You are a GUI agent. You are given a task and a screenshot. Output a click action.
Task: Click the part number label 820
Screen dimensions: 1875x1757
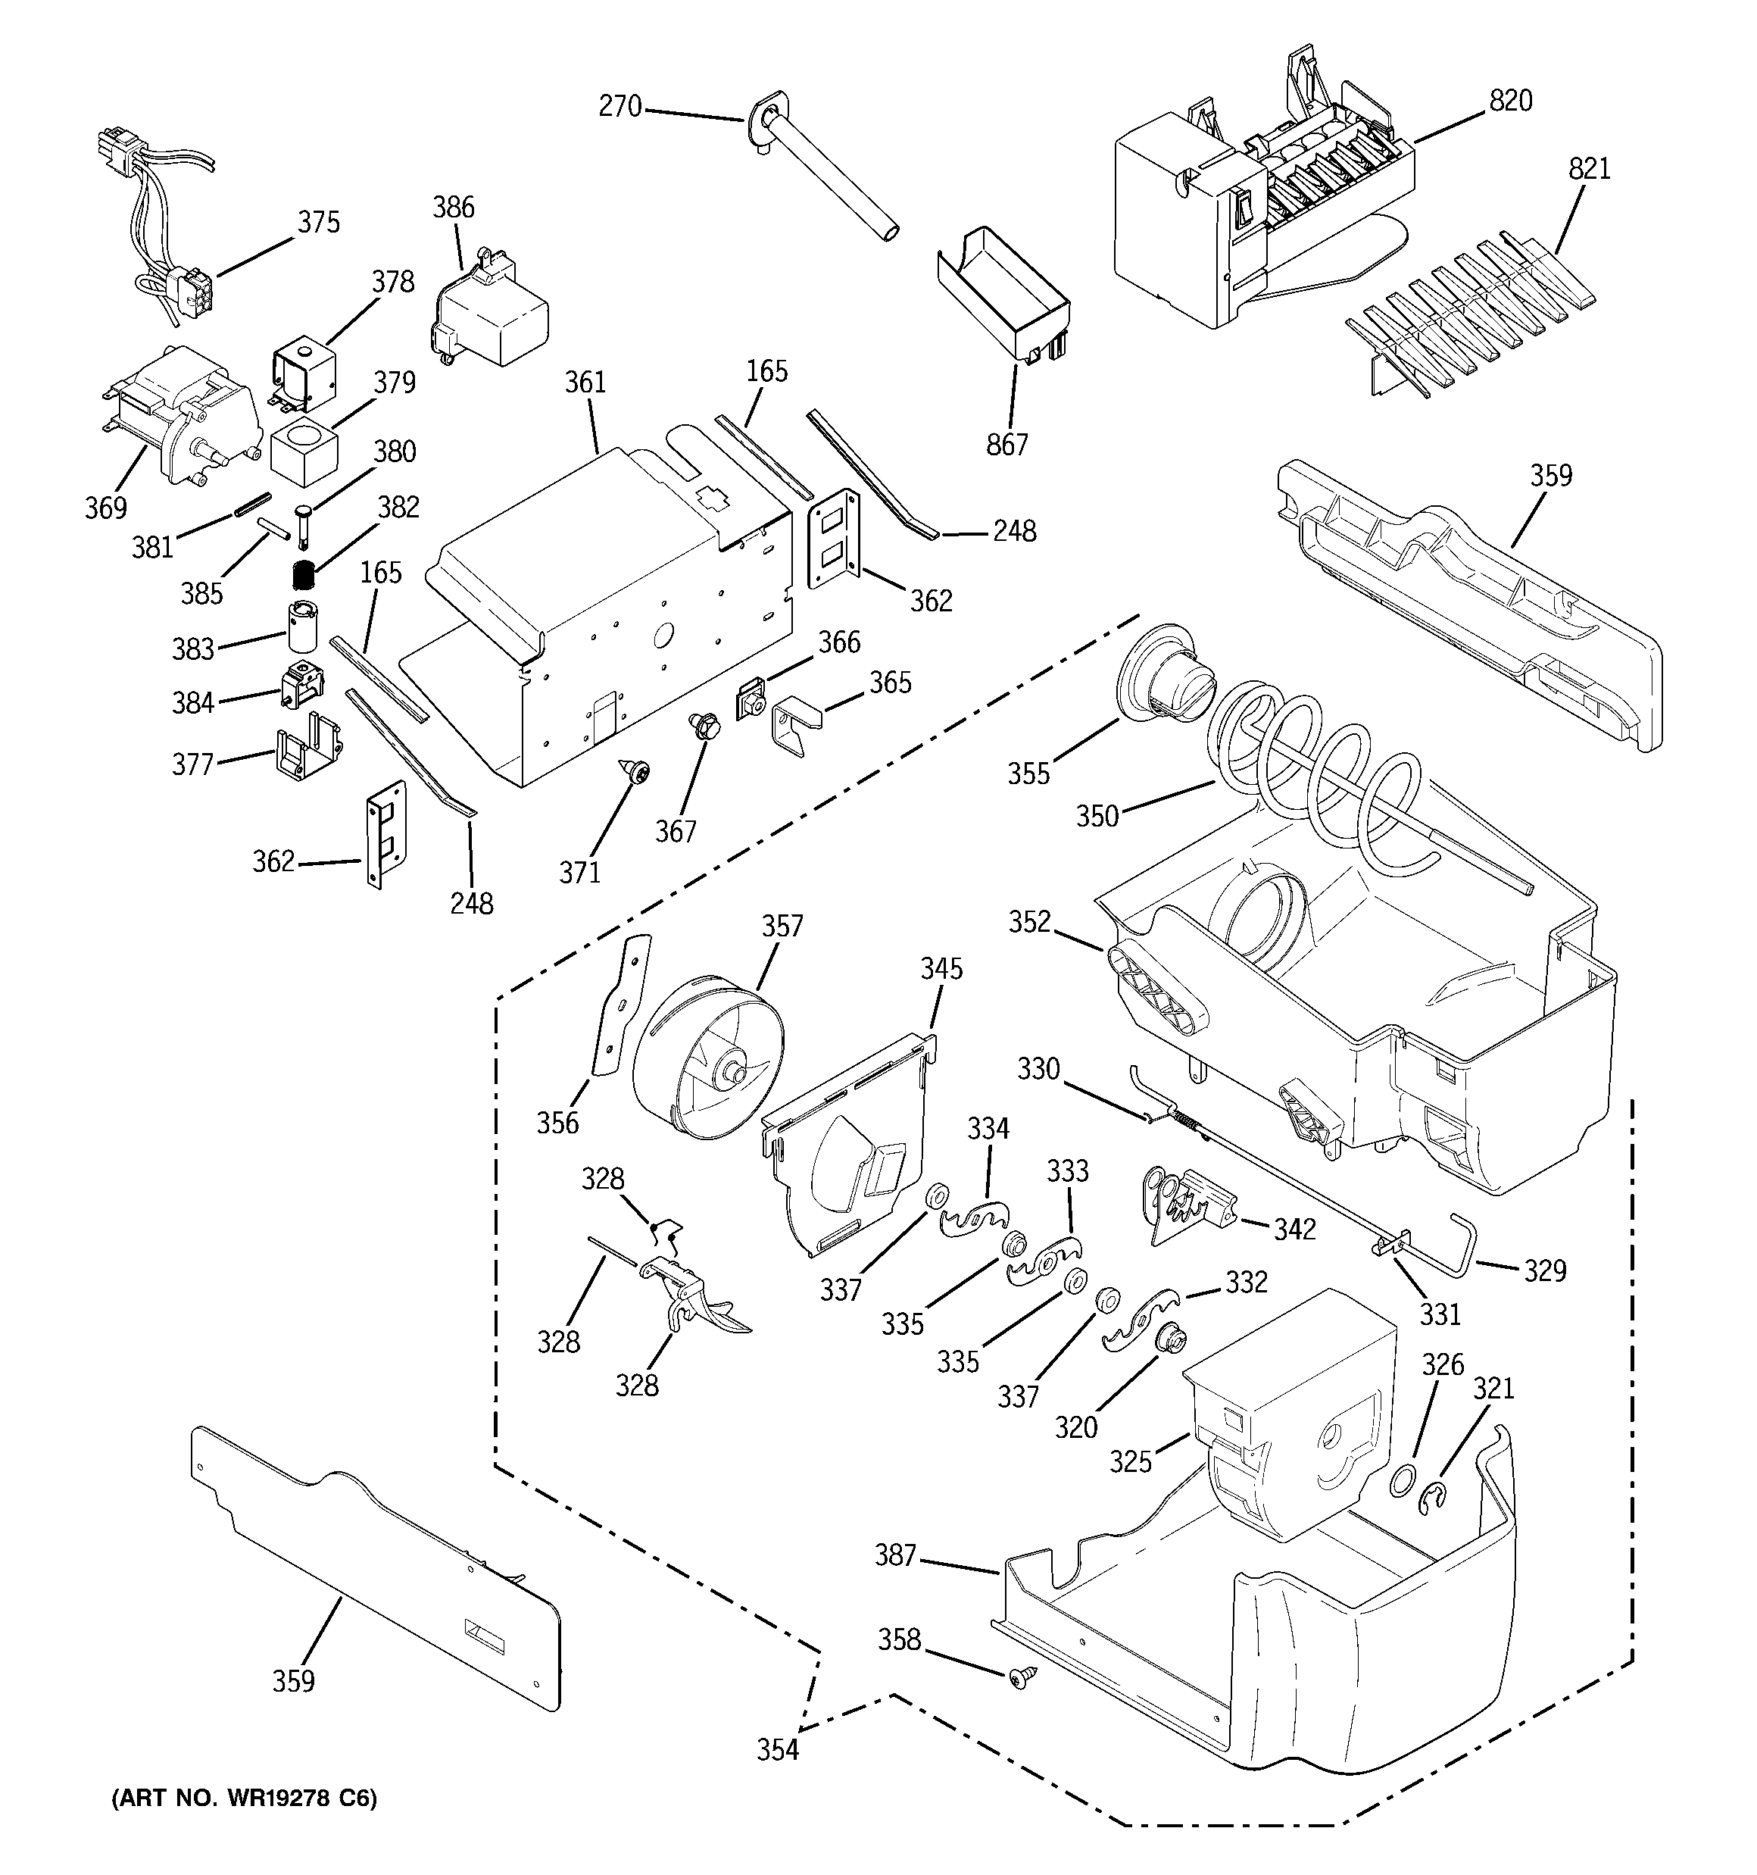1511,100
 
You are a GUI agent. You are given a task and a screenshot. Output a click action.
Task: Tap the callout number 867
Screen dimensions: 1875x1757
1007,443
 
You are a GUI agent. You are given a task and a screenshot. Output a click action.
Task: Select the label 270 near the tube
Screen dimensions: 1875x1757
619,107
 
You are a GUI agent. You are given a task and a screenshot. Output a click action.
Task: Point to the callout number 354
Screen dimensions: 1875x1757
777,1749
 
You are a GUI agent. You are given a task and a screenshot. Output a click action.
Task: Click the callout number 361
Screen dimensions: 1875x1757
585,382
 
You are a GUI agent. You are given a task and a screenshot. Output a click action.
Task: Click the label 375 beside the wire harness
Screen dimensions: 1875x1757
319,223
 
